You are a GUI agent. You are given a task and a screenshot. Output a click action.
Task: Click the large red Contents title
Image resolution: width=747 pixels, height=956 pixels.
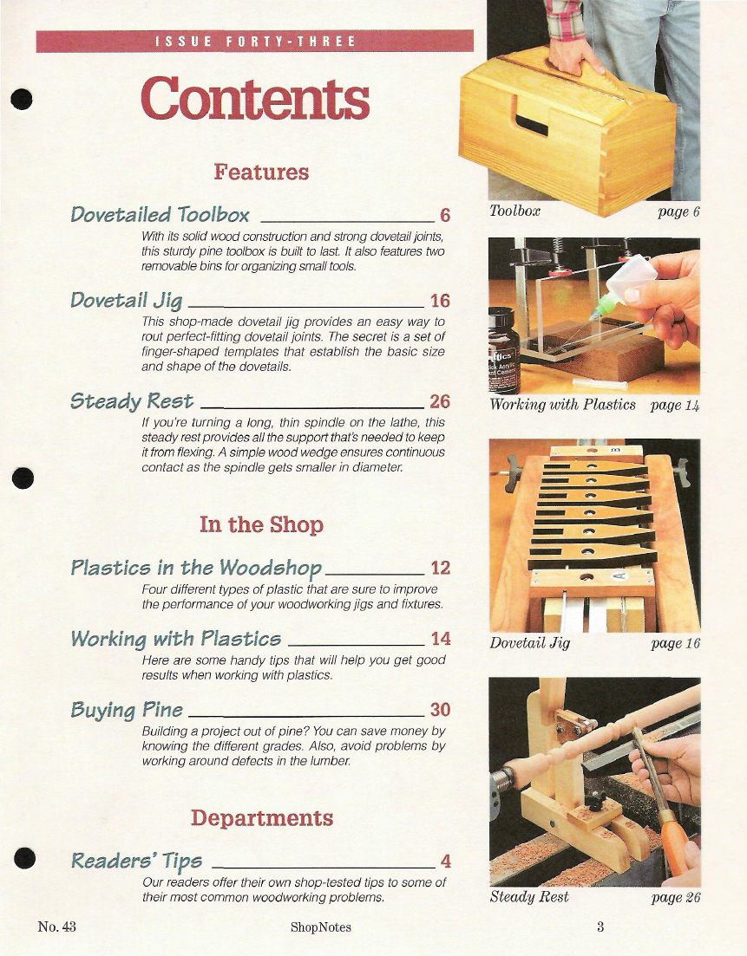coord(255,98)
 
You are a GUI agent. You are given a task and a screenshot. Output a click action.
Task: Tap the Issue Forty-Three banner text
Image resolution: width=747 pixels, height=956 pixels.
coord(255,42)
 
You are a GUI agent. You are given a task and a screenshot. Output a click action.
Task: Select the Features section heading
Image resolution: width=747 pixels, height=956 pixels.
coord(261,172)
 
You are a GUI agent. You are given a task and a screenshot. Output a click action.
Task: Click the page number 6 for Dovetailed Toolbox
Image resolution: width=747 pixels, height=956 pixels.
coord(445,215)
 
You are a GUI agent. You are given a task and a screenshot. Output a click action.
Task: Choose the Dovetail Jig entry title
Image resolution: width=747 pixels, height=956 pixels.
coord(127,301)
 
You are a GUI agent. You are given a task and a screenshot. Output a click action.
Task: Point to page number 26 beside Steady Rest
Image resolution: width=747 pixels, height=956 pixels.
coord(440,401)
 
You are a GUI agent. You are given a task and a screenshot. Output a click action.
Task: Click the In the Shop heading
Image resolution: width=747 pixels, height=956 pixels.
coord(261,524)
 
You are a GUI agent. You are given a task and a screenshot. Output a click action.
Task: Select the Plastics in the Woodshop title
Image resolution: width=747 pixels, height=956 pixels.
coord(196,568)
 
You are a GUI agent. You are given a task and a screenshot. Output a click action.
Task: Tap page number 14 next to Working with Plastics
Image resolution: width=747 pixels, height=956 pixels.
coord(441,639)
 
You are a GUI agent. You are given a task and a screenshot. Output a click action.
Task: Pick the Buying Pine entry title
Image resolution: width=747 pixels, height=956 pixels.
coord(127,710)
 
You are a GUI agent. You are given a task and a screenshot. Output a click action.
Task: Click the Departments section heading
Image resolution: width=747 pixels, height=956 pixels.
coord(262,817)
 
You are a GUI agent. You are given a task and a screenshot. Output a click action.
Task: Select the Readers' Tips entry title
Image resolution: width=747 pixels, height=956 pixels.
coord(137,861)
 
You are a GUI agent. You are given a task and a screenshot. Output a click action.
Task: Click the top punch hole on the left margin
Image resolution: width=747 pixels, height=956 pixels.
coord(22,99)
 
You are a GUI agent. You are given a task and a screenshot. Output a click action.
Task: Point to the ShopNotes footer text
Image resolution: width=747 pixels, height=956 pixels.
coord(320,927)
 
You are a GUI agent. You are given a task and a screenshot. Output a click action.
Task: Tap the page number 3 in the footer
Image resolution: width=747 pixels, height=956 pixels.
coord(600,927)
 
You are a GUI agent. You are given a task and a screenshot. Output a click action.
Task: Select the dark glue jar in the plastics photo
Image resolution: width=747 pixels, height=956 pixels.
coord(503,350)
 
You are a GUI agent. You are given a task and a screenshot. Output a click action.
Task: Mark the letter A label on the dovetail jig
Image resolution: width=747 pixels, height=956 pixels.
coord(620,575)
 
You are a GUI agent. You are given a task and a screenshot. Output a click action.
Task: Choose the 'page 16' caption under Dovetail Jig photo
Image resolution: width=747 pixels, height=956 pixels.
coord(676,643)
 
